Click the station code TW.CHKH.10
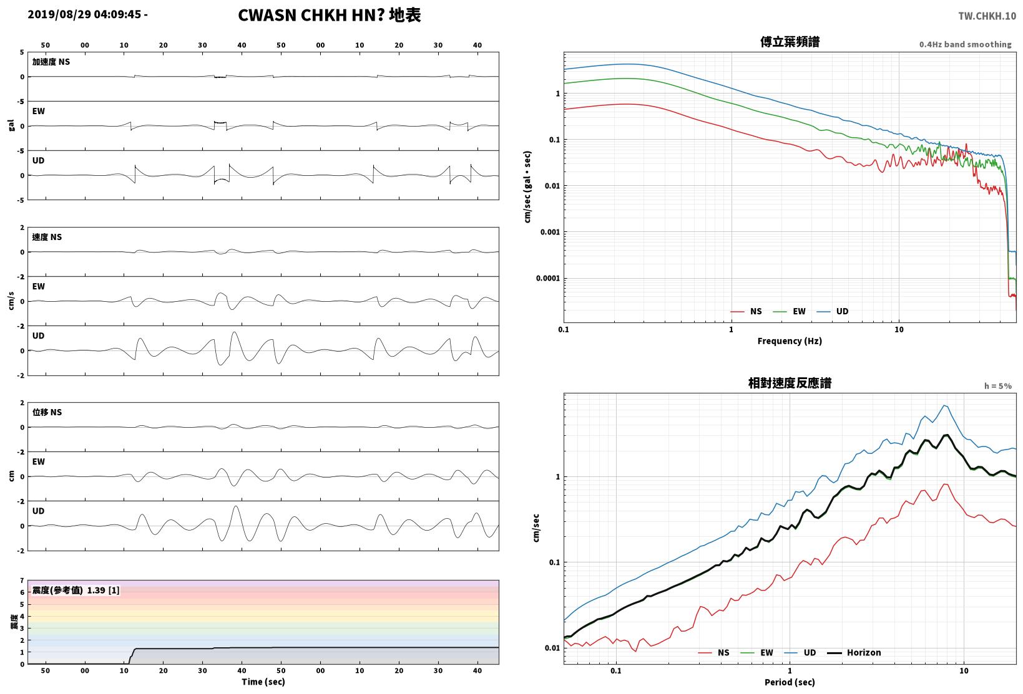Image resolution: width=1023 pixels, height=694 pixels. [987, 16]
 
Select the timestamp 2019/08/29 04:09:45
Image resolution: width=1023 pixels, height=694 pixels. [84, 14]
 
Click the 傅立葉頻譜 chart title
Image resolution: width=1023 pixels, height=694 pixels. [790, 42]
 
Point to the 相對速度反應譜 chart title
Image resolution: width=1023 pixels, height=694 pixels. [790, 383]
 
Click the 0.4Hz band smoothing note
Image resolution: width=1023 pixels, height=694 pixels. [966, 44]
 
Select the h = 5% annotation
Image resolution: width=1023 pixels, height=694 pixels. [998, 386]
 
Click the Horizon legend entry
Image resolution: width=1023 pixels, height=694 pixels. [854, 652]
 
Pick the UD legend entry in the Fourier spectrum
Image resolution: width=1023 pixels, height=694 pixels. [833, 311]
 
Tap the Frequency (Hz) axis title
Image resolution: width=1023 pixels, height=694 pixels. [790, 341]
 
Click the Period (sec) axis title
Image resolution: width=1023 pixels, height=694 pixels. [790, 682]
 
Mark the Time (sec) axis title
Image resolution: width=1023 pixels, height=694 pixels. [263, 682]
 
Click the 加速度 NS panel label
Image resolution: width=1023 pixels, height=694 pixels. [51, 62]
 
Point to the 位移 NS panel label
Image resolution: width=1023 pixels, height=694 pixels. [47, 412]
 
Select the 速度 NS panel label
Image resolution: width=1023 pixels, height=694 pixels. [47, 237]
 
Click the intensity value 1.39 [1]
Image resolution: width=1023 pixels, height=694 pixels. [103, 590]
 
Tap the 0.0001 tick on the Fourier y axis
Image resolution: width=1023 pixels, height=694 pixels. [547, 278]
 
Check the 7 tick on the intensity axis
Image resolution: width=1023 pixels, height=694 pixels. [22, 581]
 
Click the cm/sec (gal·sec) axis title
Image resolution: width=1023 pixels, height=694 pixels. [527, 187]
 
